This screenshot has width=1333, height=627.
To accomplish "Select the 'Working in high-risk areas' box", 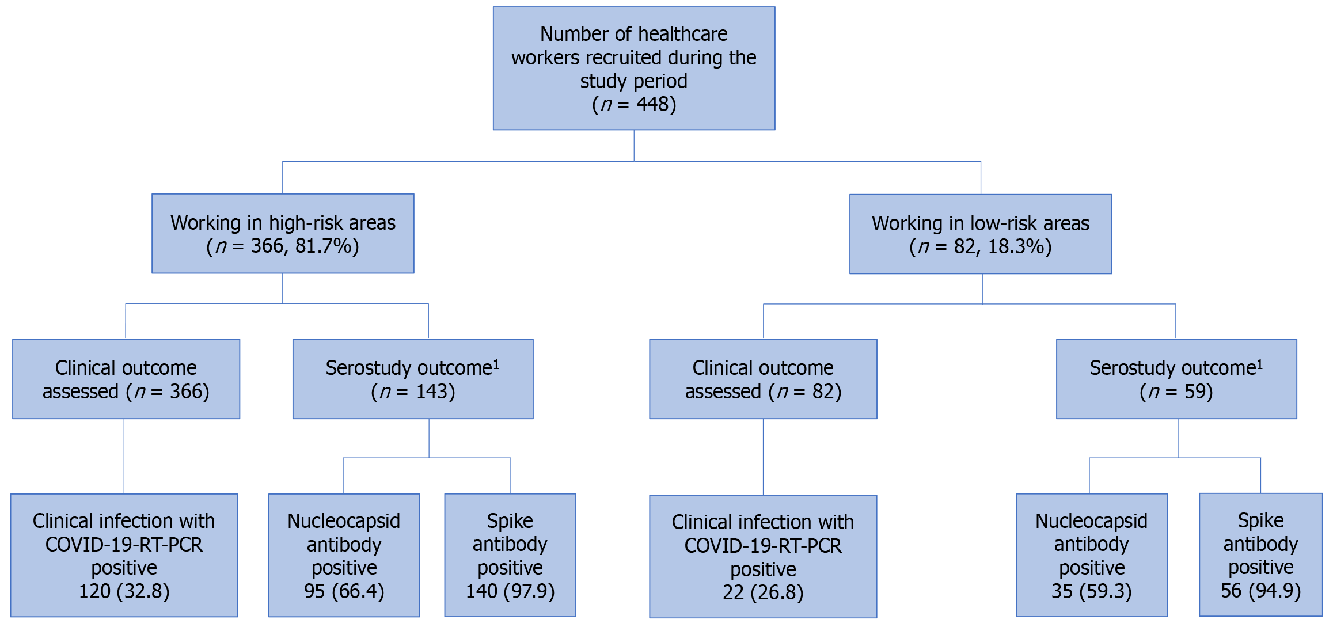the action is [x=283, y=233].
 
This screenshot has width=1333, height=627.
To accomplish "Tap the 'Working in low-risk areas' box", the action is [x=981, y=234].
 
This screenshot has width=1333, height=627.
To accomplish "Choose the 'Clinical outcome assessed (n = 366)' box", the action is [x=126, y=379].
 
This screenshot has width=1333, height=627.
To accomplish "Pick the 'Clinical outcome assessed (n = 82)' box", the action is [x=763, y=379].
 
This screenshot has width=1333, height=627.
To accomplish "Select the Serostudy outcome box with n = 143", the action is [x=413, y=379].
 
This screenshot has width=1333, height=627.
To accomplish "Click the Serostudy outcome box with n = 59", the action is [x=1176, y=379].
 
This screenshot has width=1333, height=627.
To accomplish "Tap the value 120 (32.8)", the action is [x=124, y=591].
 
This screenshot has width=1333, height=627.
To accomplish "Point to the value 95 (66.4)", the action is [x=344, y=591].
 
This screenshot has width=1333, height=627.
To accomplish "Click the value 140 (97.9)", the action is [x=510, y=591].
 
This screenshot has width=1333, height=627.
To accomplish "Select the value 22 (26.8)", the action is [x=763, y=592].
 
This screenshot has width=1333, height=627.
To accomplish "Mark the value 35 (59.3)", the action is [x=1092, y=591].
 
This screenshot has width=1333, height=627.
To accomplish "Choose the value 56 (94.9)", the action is [x=1261, y=591].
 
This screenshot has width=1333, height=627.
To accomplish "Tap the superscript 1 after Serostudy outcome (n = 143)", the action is [x=496, y=364].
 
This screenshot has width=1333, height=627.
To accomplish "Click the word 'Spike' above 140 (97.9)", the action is [x=510, y=521].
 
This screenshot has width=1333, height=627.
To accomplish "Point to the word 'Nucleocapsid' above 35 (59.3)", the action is [x=1092, y=521].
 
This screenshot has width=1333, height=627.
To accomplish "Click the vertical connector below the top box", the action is [x=634, y=146].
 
